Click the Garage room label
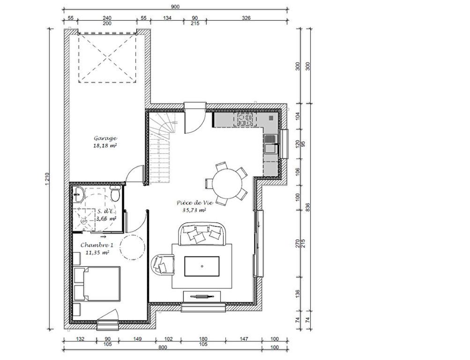[105, 138]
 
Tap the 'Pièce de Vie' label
[195, 202]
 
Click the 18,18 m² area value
[105, 146]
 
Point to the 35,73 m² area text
[194, 210]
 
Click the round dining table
[227, 183]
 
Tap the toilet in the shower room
[115, 193]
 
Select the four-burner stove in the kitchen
[245, 120]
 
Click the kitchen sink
[271, 144]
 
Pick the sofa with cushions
[202, 234]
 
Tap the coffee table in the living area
[201, 266]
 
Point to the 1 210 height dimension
[47, 179]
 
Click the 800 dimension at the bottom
[163, 347]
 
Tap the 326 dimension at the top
[246, 18]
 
